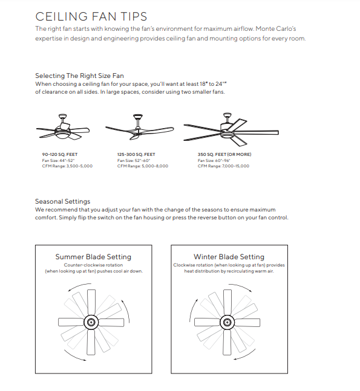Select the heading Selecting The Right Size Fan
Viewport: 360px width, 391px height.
click(79, 76)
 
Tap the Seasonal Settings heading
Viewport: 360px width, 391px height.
click(62, 201)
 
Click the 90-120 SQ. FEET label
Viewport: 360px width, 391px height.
click(59, 155)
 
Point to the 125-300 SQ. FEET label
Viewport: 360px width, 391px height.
click(136, 155)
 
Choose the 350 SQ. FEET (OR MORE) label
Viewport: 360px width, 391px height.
click(224, 155)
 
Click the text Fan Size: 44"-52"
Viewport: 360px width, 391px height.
click(58, 160)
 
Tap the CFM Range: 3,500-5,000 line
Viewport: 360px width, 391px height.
click(67, 166)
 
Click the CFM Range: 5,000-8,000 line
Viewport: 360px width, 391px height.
click(143, 166)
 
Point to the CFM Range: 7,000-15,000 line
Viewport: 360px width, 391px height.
click(223, 166)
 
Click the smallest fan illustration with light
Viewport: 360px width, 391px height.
click(62, 128)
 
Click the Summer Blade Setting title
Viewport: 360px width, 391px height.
click(93, 257)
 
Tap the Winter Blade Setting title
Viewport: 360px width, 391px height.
click(229, 257)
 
